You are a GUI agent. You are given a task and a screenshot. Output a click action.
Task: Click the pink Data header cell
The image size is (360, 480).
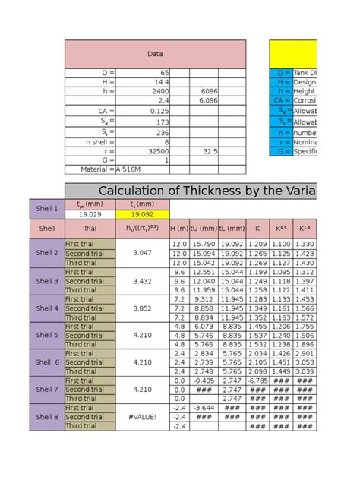point(155,54)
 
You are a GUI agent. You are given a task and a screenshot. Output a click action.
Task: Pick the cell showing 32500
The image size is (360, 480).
point(155,151)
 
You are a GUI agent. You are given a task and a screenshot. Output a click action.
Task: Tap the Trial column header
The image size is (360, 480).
point(90,228)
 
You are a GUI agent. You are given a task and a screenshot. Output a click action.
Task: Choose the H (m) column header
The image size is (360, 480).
point(179,228)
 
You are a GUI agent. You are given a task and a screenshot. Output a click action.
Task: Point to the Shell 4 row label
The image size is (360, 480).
point(46,309)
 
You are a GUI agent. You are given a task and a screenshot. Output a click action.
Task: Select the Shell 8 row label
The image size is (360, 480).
point(46,417)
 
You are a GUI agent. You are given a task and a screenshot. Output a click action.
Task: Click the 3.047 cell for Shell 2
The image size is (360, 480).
point(143,253)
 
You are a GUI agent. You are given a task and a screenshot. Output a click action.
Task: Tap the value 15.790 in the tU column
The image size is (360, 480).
point(204,244)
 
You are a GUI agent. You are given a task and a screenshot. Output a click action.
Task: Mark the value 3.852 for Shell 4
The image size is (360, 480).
point(143,308)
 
